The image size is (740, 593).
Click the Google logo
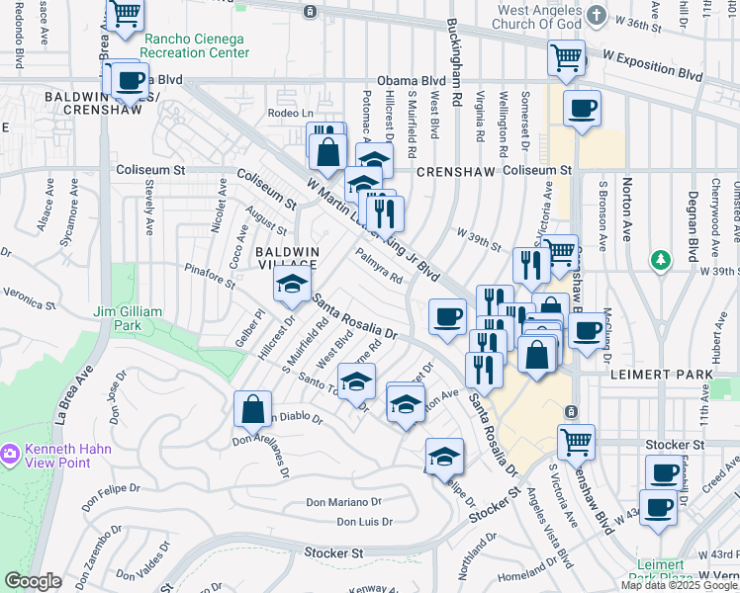click(33, 581)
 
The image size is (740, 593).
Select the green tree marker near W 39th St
click(661, 260)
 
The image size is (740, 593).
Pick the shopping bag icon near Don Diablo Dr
click(253, 408)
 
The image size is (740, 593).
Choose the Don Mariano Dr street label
click(342, 502)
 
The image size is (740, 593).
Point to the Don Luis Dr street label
click(364, 521)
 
